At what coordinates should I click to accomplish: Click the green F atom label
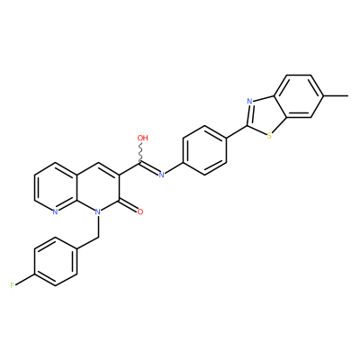[13, 285]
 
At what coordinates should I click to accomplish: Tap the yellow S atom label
[269, 136]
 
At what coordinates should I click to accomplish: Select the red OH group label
[142, 138]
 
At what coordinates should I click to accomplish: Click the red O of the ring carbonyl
[140, 211]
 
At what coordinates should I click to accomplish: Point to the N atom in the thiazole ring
[249, 101]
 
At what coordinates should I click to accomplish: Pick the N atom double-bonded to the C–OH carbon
[162, 175]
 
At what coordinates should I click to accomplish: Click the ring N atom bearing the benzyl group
[97, 211]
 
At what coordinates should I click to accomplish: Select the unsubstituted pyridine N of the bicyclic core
[55, 211]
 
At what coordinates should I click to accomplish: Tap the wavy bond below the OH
[141, 153]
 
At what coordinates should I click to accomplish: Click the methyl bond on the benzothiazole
[336, 96]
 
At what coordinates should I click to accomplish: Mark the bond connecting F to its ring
[25, 279]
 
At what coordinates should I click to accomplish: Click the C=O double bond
[128, 205]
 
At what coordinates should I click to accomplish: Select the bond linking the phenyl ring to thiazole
[237, 132]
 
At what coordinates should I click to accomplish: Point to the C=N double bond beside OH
[149, 168]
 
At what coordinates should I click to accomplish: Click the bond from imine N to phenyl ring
[174, 168]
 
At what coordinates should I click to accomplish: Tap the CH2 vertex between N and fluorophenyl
[98, 237]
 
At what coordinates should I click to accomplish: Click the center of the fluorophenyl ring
[56, 261]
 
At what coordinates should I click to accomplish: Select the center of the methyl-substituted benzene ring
[300, 96]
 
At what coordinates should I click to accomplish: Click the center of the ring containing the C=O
[98, 187]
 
